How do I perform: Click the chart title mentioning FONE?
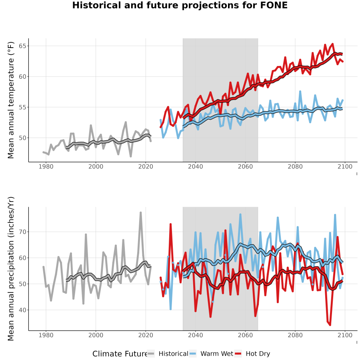pos(180,5)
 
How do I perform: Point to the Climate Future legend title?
pos(120,354)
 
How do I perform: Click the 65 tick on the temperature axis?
pos(22,46)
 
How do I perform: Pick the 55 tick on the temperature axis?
pos(22,107)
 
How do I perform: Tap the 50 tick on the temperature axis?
pos(22,138)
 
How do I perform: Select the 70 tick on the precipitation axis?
pos(22,232)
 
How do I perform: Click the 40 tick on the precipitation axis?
pos(22,310)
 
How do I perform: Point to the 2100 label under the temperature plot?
pos(345,166)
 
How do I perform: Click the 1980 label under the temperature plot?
pos(46,166)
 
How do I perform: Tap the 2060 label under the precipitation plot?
pos(245,335)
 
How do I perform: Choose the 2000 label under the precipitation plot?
pos(96,335)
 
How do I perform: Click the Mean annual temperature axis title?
pos(11,100)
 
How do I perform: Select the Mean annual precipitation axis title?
pos(11,269)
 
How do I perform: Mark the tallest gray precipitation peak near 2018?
pos(141,213)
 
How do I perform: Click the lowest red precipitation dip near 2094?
pos(330,325)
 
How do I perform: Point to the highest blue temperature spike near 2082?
pos(300,92)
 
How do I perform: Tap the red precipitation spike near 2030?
pos(170,224)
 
